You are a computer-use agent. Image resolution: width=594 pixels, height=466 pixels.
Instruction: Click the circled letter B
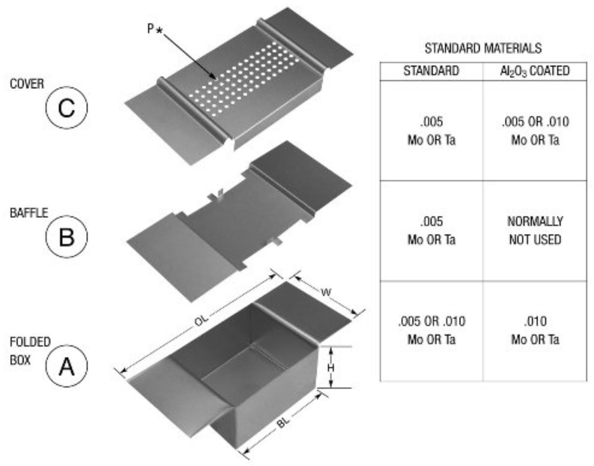click(66, 236)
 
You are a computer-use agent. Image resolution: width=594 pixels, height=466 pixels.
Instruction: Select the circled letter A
click(66, 366)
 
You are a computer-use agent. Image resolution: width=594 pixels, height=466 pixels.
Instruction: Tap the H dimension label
click(331, 367)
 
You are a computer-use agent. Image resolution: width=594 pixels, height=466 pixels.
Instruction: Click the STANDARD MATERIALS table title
click(483, 48)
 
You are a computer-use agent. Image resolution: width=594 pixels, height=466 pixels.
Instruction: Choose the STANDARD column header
click(431, 71)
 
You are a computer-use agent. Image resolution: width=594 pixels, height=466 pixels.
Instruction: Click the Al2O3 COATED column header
click(534, 71)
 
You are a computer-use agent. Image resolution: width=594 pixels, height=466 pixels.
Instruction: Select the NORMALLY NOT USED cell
click(534, 231)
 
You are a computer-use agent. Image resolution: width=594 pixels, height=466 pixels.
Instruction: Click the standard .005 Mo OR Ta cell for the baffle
click(431, 231)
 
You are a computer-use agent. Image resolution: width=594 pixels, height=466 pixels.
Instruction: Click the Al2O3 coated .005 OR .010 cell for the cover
click(534, 130)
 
